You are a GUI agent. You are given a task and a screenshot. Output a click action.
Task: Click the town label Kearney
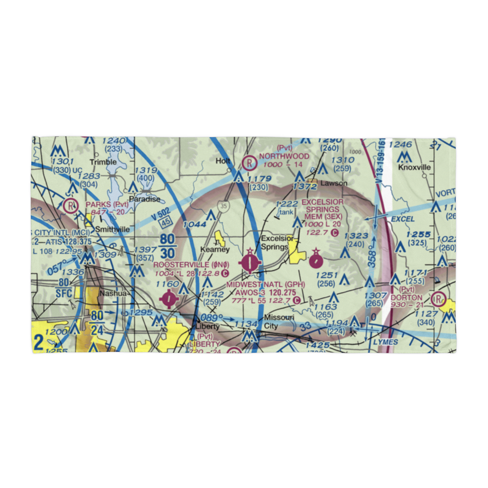pos(215,249)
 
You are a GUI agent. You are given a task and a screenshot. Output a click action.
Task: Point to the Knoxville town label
pos(415,167)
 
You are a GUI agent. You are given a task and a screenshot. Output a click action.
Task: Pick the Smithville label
pos(112,228)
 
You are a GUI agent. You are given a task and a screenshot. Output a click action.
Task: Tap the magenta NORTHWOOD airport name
pos(284,156)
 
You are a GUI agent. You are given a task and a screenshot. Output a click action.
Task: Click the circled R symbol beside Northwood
pos(250,162)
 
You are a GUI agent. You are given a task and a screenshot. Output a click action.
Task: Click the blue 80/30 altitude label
pos(167,247)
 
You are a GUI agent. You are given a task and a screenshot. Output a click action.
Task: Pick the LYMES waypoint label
pos(385,342)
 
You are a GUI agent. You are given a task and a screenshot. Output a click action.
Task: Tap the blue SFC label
pos(64,293)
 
